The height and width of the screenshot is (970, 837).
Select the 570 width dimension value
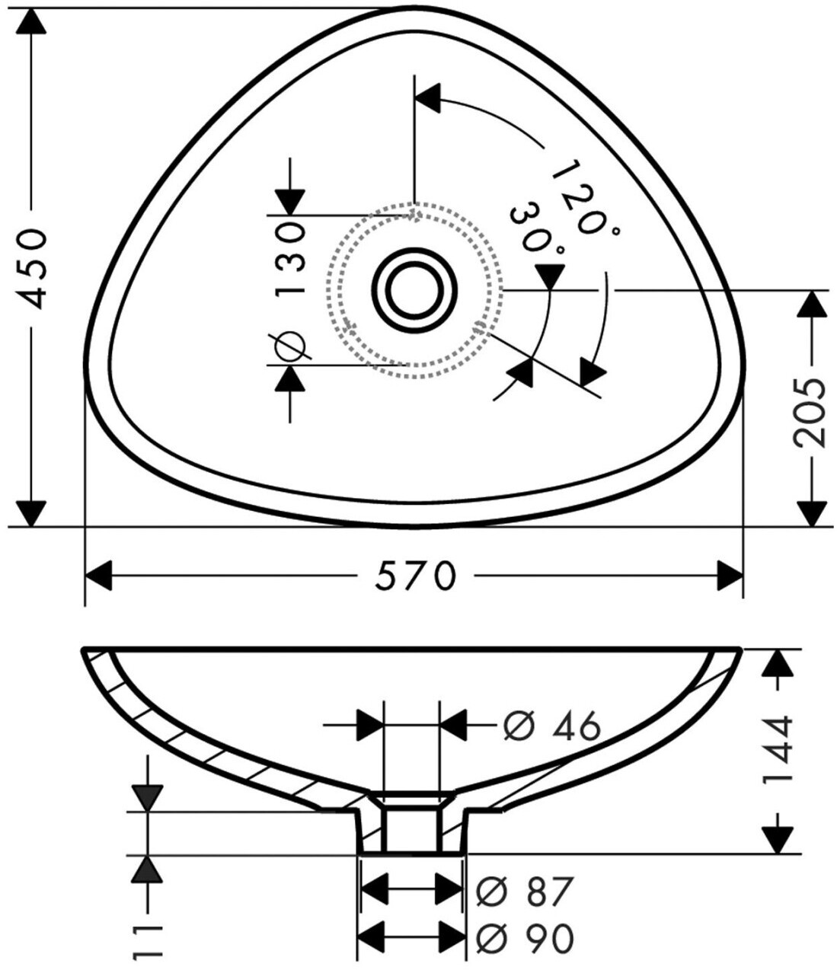415,576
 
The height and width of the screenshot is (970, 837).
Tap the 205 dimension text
809,411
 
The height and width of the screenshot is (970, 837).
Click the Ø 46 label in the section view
551,727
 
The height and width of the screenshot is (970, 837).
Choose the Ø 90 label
525,939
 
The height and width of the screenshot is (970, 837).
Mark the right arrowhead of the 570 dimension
730,576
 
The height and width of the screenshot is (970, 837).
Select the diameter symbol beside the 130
290,346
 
